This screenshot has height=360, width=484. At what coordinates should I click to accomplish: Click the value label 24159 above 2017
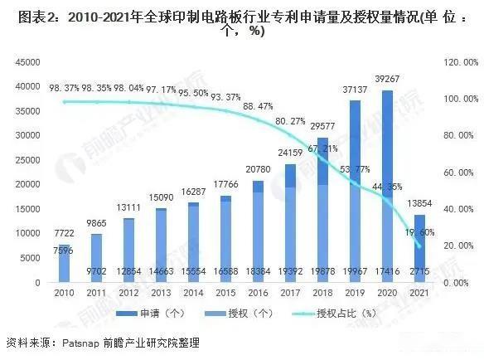[x=290, y=153]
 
